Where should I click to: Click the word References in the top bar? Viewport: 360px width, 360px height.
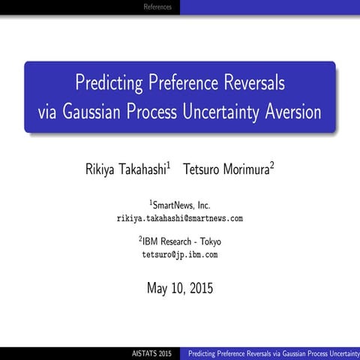[x=157, y=7]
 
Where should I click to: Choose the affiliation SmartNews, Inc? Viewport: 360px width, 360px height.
[x=182, y=205]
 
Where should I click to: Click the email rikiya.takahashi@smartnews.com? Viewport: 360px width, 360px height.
[x=180, y=218]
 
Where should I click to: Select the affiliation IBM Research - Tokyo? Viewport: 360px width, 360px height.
[x=181, y=241]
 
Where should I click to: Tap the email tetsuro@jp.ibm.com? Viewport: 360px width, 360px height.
[x=180, y=255]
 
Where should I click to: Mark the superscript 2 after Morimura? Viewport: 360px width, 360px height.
[x=272, y=165]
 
